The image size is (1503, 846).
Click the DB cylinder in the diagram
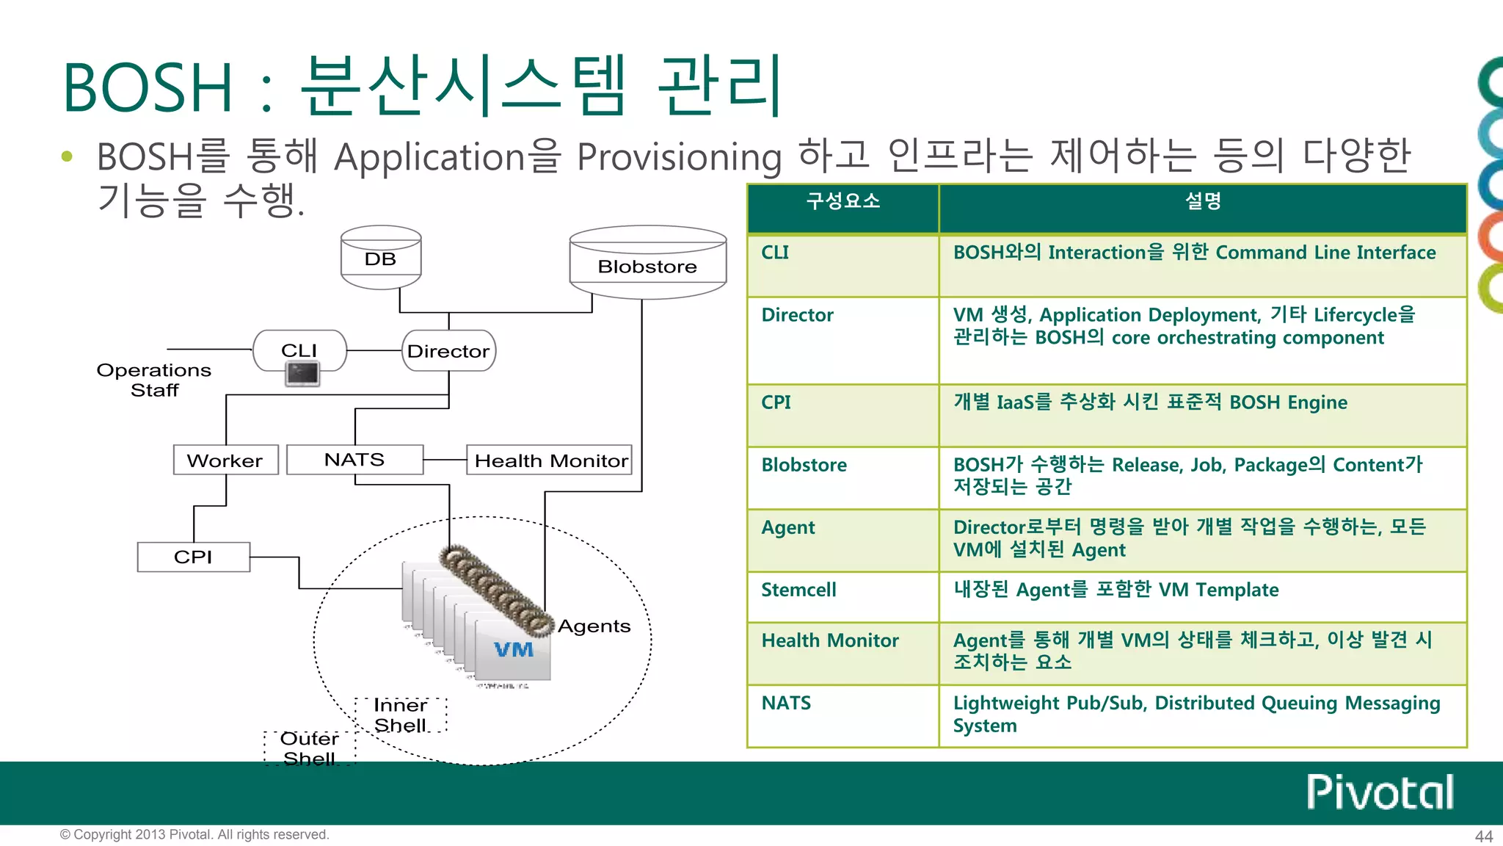click(x=381, y=258)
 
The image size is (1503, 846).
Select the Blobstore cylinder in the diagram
click(x=647, y=264)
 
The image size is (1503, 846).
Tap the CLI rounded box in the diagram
click(x=299, y=350)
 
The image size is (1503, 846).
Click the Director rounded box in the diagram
click(x=448, y=351)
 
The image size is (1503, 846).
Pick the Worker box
click(x=225, y=460)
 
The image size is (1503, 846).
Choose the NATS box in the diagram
click(x=354, y=460)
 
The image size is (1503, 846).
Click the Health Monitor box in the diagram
click(x=550, y=460)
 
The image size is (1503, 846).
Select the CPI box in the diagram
click(x=193, y=557)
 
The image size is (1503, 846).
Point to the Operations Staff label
click(x=154, y=380)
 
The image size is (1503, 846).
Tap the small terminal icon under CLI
click(x=302, y=375)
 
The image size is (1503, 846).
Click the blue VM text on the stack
click(x=514, y=649)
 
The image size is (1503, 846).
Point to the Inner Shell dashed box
click(x=401, y=715)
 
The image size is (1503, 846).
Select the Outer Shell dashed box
click(x=310, y=748)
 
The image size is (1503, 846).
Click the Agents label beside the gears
click(x=594, y=626)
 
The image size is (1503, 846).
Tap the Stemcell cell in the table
click(x=798, y=590)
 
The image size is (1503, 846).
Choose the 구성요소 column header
click(x=843, y=201)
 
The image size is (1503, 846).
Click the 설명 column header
click(x=1202, y=201)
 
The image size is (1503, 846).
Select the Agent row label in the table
click(x=788, y=527)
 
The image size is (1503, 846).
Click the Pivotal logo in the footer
click(x=1380, y=792)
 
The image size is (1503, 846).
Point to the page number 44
click(x=1483, y=836)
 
